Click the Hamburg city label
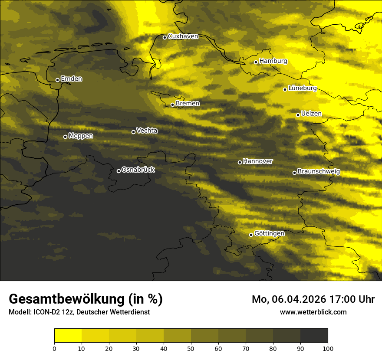tap(273, 61)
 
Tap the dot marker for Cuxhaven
tap(165, 37)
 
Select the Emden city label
tap(71, 79)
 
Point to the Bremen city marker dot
tap(172, 105)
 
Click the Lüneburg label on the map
tap(302, 88)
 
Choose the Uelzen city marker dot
tap(298, 115)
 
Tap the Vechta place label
tap(147, 131)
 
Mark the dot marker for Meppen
tap(65, 137)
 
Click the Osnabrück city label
tap(138, 170)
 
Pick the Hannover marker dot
tap(240, 162)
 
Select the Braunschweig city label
tap(319, 172)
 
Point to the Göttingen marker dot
tap(251, 235)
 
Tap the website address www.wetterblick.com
tap(313, 312)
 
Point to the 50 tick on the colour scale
tap(191, 348)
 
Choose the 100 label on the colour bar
tap(328, 348)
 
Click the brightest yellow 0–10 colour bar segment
tap(68, 336)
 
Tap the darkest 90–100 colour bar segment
tap(314, 336)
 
